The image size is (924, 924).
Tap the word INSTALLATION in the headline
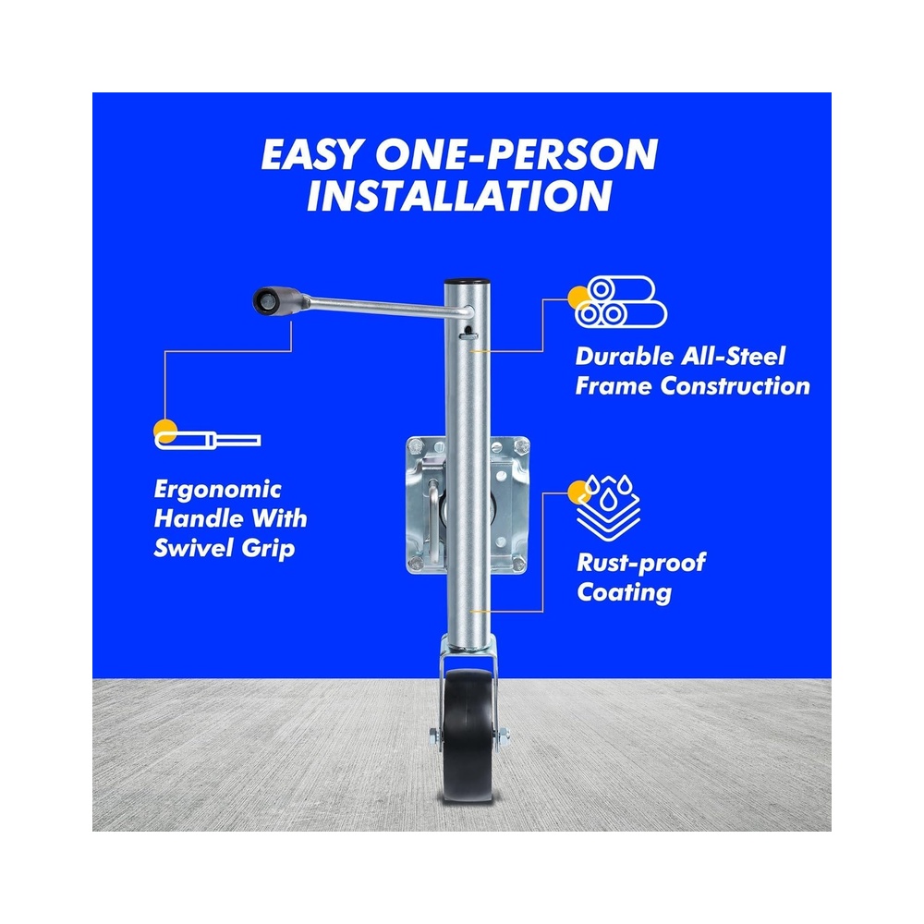pos(459,196)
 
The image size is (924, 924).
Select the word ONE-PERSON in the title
pos(517,154)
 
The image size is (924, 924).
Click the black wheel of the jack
pos(468,735)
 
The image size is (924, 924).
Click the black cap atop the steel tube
pos(466,282)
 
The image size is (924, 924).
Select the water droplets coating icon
pos(608,507)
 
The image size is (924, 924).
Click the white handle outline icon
pos(207,440)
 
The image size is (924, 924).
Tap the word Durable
pos(624,356)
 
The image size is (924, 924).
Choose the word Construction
pos(735,386)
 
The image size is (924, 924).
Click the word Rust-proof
pos(641,563)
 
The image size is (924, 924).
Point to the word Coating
pos(624,593)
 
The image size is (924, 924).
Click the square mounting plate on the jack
pos(468,505)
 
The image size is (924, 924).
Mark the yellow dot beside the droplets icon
pos(578,492)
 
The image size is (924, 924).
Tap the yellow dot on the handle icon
pos(165,431)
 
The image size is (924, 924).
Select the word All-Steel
pos(733,356)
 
